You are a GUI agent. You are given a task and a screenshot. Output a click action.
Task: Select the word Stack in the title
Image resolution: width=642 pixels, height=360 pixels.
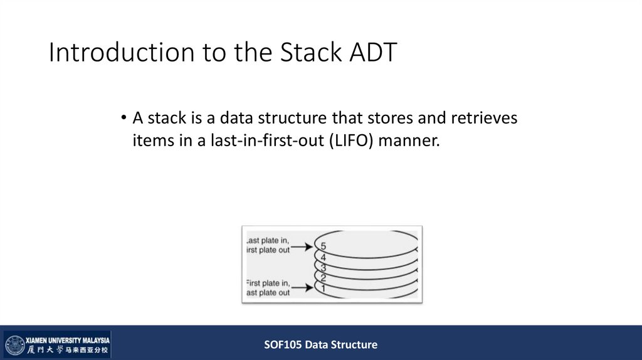tap(309, 53)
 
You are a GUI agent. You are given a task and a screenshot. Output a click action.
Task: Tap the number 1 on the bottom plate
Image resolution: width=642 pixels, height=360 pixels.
tap(323, 287)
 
